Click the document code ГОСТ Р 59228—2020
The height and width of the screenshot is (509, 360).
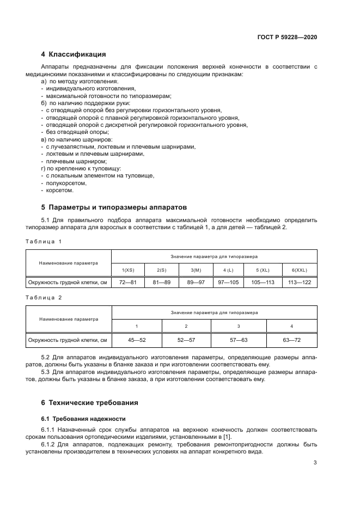click(287, 37)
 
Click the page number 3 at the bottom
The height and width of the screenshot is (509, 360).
click(315, 463)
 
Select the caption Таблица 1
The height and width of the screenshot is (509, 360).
click(44, 241)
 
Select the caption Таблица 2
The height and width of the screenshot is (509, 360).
click(44, 298)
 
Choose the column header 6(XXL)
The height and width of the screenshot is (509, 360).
click(300, 270)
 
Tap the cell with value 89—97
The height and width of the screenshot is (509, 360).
click(196, 282)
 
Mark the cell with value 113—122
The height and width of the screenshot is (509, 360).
click(300, 282)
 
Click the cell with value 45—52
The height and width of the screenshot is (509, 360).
click(137, 340)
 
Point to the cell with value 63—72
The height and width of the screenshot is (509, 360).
click(291, 340)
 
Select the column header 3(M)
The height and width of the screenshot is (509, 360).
click(196, 270)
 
